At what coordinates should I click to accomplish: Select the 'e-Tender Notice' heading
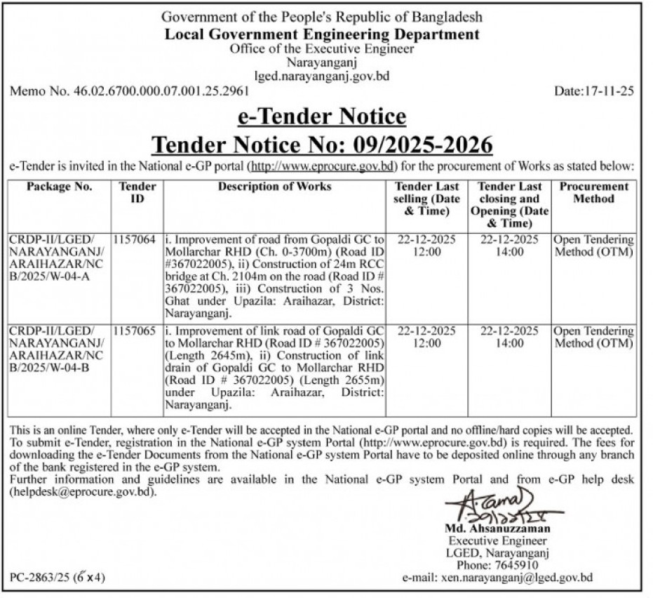click(322, 116)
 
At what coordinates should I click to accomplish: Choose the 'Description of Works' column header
click(274, 187)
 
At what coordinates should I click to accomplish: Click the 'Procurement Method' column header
click(593, 192)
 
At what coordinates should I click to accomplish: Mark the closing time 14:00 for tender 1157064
click(510, 251)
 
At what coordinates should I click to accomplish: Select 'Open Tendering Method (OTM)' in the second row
click(593, 337)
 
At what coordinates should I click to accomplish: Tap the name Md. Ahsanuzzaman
click(497, 529)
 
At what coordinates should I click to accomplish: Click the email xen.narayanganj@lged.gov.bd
click(516, 578)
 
